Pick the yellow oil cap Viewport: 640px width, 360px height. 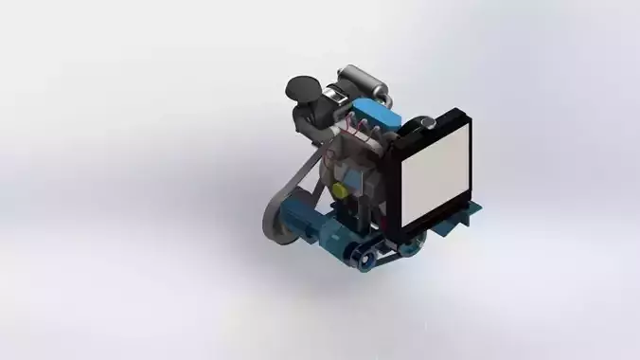coord(338,190)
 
